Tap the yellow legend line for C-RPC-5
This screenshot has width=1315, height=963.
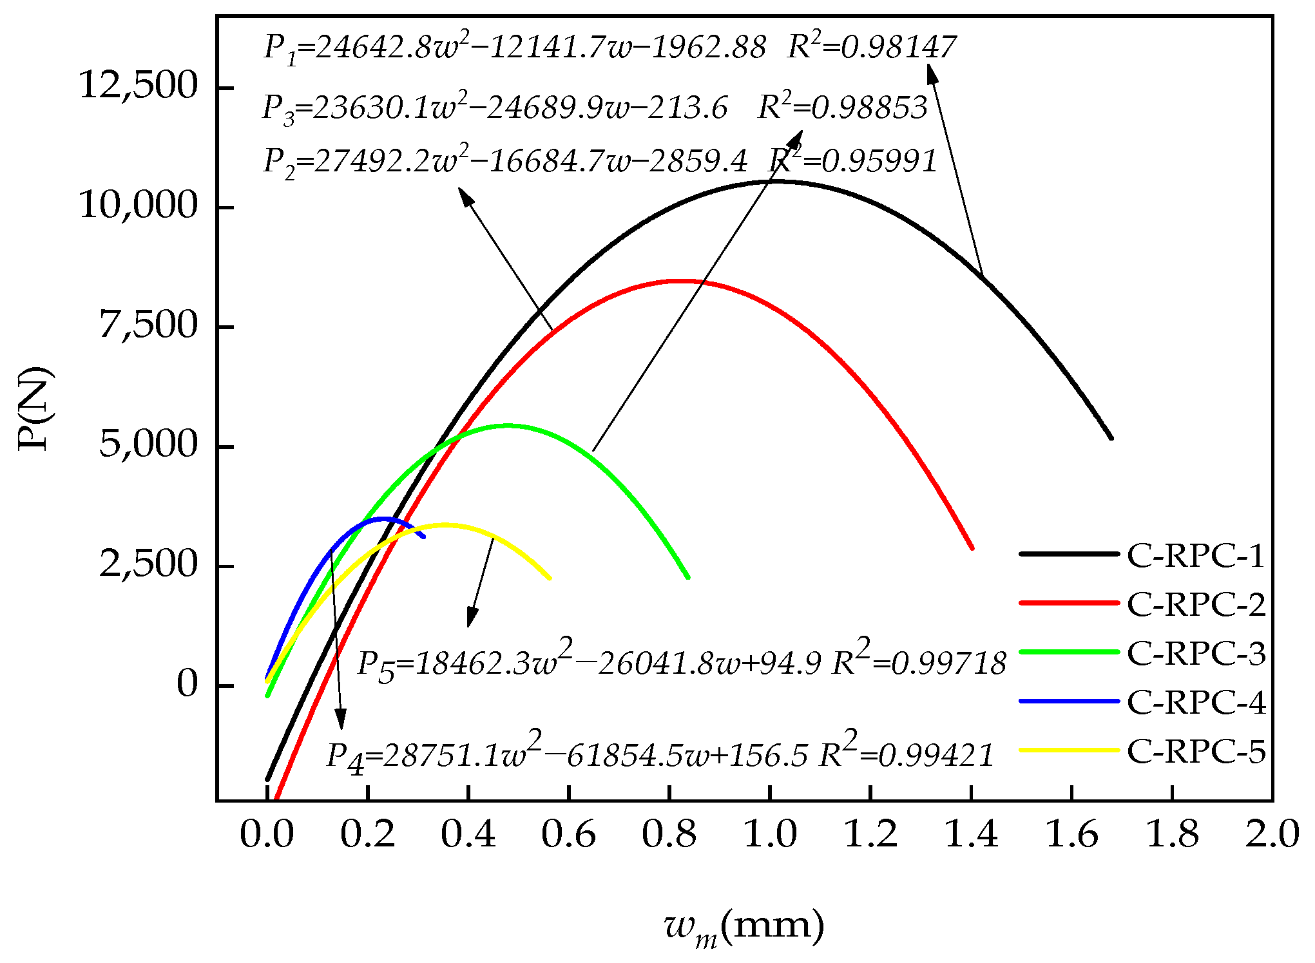click(1070, 750)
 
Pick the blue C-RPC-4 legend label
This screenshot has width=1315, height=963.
click(1195, 701)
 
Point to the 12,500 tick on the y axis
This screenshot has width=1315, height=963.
click(137, 85)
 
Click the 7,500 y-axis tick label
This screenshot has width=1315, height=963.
click(148, 325)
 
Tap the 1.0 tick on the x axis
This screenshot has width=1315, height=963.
click(770, 835)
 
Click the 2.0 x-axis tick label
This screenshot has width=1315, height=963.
click(1272, 835)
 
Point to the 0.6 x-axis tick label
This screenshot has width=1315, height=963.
click(568, 835)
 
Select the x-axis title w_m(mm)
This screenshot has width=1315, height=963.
click(744, 928)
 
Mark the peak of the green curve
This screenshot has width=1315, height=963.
click(506, 425)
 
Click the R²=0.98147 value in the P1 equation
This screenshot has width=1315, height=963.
click(871, 46)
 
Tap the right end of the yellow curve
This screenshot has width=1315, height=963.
click(550, 578)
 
